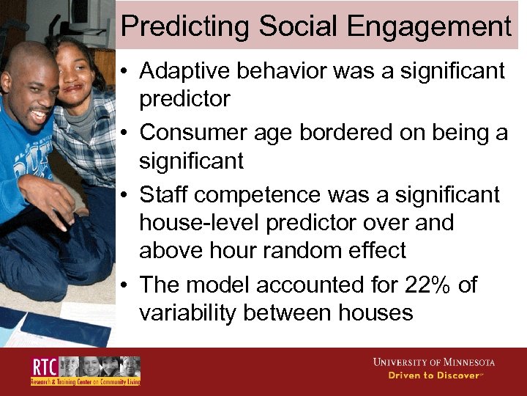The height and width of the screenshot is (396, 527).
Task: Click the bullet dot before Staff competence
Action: [x=125, y=196]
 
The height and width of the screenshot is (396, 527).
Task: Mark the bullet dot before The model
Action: [x=125, y=285]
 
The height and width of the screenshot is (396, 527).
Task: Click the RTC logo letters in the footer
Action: [x=44, y=367]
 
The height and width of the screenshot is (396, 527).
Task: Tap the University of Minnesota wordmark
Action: [x=433, y=362]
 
